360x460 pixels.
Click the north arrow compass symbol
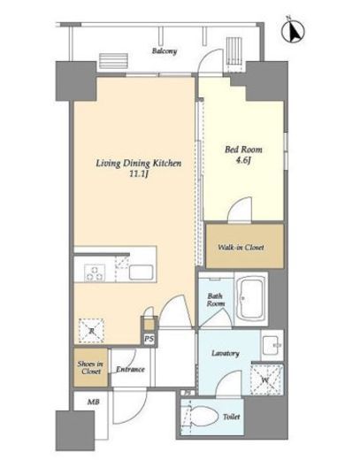(x=293, y=31)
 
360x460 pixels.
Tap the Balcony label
(x=165, y=51)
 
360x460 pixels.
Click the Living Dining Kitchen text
(x=139, y=164)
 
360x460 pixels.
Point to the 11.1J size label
(x=139, y=174)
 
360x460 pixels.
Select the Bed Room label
(x=243, y=149)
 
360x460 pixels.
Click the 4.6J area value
(x=243, y=161)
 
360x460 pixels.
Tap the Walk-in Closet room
(x=245, y=246)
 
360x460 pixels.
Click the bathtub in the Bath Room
(x=251, y=299)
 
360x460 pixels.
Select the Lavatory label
(x=226, y=353)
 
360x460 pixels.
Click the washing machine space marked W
(x=266, y=379)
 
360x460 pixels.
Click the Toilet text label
(x=232, y=417)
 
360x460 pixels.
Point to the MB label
(x=93, y=402)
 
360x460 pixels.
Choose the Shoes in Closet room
(x=90, y=367)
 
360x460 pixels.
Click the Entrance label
(x=130, y=370)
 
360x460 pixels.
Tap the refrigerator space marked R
(x=91, y=331)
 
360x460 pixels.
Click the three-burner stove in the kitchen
(x=95, y=272)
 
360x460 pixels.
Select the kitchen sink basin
(x=141, y=272)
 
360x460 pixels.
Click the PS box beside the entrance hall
(x=149, y=339)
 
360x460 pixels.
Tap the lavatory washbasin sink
(x=272, y=345)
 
